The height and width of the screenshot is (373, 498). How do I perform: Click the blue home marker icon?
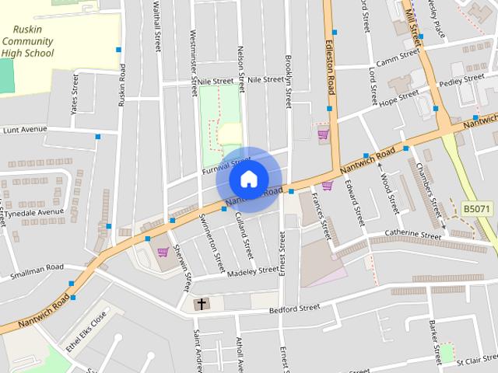click(x=247, y=179)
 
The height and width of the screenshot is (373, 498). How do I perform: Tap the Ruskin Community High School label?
click(x=27, y=42)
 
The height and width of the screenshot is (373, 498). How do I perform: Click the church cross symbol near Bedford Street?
click(x=202, y=304)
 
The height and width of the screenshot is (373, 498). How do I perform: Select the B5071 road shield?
click(x=476, y=209)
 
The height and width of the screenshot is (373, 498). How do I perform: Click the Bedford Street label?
click(x=294, y=308)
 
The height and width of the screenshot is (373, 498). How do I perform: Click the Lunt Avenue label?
click(x=24, y=130)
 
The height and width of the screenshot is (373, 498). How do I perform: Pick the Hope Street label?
click(x=398, y=96)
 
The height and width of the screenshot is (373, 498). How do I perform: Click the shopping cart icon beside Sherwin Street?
click(x=163, y=252)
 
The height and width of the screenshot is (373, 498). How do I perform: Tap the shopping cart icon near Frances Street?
click(x=327, y=185)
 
